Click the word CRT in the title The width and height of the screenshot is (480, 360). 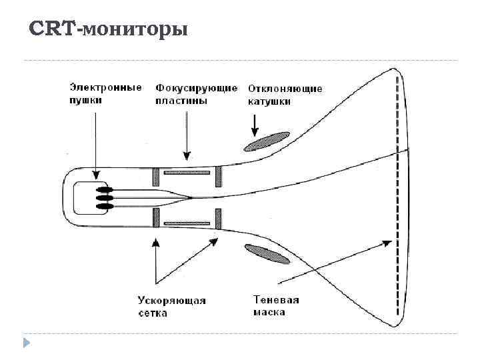tap(54, 30)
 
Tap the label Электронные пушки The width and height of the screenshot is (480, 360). tap(105, 94)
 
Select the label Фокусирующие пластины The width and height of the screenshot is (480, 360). tap(196, 94)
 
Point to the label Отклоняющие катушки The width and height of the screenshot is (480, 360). tap(285, 95)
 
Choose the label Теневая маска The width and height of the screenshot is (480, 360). tap(276, 306)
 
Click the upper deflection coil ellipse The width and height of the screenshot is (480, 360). tap(266, 141)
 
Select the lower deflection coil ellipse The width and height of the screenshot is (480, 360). tap(265, 253)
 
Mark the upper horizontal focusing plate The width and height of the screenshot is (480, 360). tap(187, 173)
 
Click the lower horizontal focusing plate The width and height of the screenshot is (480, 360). tap(187, 222)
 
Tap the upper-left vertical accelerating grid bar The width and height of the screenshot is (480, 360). tap(155, 177)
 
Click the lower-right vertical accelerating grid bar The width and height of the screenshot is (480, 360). tap(217, 219)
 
